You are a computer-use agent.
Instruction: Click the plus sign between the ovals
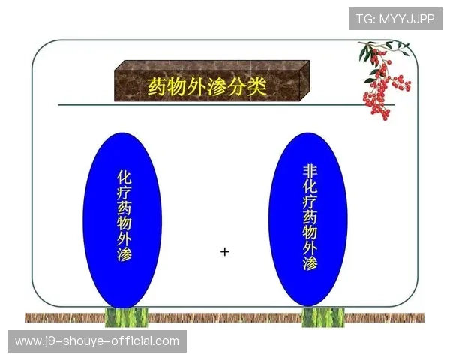tap(224, 251)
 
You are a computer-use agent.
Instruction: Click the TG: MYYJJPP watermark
tap(395, 18)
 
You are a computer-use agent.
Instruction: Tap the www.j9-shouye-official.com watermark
tap(97, 342)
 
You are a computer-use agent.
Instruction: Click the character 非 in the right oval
tap(309, 171)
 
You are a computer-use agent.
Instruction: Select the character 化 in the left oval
tap(124, 177)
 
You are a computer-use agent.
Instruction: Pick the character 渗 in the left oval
tap(124, 254)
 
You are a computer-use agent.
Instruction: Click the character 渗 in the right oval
tap(309, 264)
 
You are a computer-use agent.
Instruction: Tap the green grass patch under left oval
tap(124, 317)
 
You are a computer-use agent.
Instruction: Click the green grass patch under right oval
tap(323, 317)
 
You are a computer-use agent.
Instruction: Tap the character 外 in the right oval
tap(309, 245)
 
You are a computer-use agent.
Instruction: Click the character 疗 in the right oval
tap(309, 208)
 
